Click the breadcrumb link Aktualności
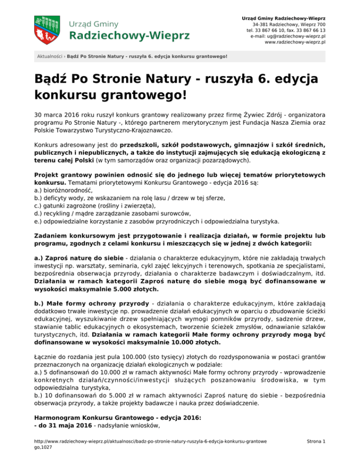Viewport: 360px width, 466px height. pyautogui.click(x=50, y=56)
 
